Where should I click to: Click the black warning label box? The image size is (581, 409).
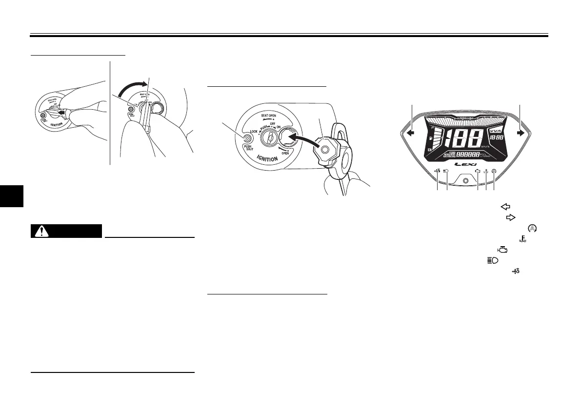click(66, 231)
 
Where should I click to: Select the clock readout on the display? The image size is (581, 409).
click(497, 139)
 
